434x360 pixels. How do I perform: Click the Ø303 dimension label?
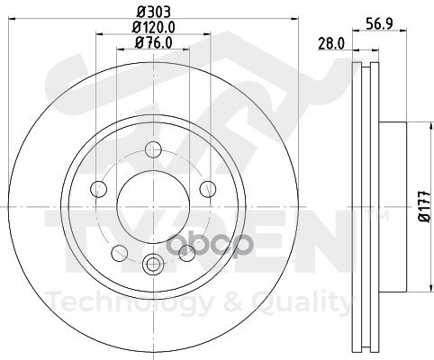click(154, 13)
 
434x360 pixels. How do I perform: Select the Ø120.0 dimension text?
click(154, 28)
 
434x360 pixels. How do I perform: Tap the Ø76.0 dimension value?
click(154, 42)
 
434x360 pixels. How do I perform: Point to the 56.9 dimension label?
click(379, 23)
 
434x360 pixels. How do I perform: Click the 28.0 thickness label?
click(331, 44)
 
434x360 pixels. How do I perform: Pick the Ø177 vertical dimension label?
click(425, 206)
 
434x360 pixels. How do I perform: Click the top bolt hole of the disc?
click(153, 149)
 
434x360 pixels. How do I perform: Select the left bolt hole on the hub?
click(99, 189)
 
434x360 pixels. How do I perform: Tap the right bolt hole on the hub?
click(208, 189)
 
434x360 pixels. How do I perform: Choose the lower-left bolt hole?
click(120, 253)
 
